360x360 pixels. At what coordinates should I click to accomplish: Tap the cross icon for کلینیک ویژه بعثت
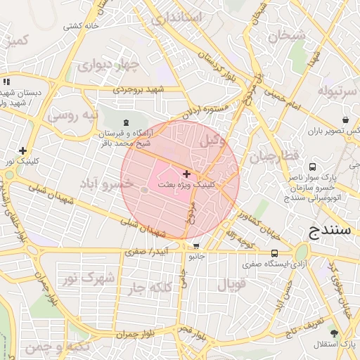click(x=186, y=173)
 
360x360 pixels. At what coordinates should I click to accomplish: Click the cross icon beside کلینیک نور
click(x=23, y=150)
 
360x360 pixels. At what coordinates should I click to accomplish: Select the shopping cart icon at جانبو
click(x=196, y=246)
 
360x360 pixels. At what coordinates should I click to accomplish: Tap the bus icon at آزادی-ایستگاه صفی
click(x=274, y=253)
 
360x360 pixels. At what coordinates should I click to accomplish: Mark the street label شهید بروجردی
click(x=141, y=90)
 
